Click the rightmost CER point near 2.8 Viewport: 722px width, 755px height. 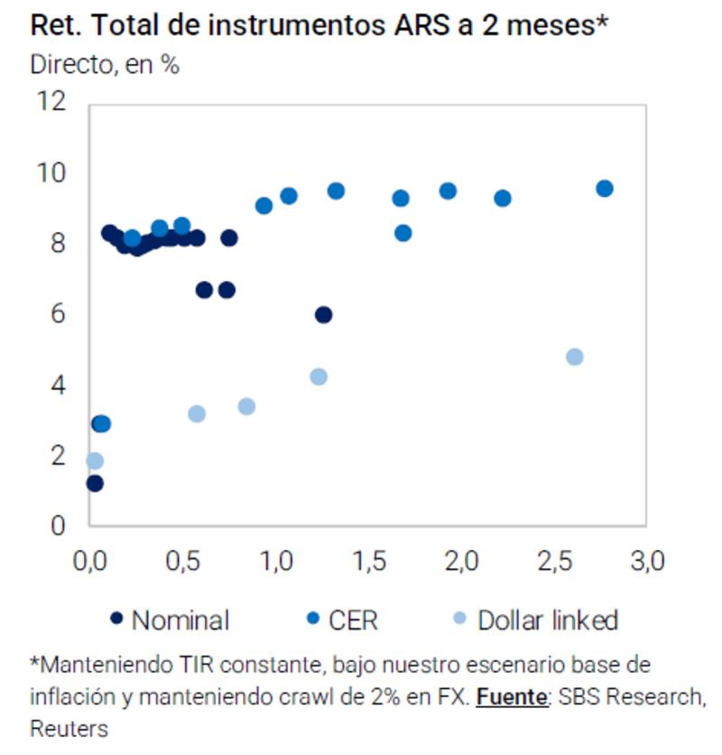605,188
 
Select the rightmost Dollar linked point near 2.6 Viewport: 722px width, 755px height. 574,357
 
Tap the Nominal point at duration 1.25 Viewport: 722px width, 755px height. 323,314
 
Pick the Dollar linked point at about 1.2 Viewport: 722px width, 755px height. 319,377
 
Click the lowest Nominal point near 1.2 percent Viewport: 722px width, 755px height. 95,483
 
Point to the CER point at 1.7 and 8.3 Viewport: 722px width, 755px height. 403,233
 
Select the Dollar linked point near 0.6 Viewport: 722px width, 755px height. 197,414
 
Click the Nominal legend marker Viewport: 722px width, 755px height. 116,620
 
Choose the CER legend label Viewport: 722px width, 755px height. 353,620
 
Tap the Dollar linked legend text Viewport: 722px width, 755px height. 547,620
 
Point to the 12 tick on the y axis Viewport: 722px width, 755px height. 52,101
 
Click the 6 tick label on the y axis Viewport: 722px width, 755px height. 59,314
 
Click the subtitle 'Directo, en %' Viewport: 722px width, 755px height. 105,66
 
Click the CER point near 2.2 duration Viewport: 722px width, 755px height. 503,198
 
